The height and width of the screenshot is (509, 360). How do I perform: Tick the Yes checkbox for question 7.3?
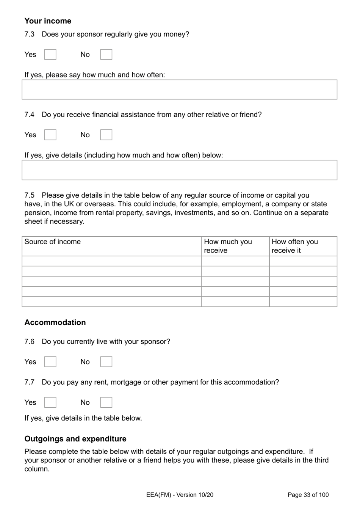click(x=50, y=55)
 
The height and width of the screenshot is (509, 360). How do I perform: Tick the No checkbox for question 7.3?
click(x=106, y=55)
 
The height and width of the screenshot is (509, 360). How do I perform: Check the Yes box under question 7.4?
click(x=50, y=135)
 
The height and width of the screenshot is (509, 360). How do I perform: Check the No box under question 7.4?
click(x=106, y=135)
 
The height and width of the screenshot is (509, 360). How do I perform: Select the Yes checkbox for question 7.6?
click(x=50, y=362)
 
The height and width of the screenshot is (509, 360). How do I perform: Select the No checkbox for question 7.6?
click(x=106, y=362)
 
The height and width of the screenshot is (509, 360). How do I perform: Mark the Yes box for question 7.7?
click(x=50, y=402)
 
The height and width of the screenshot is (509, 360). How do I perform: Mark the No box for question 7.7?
click(x=106, y=402)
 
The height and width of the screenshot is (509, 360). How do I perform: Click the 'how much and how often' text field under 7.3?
click(x=179, y=90)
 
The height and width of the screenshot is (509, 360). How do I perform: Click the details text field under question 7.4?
click(x=179, y=170)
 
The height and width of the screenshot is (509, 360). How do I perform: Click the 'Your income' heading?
click(x=48, y=21)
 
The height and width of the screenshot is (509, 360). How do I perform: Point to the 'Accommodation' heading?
click(x=55, y=322)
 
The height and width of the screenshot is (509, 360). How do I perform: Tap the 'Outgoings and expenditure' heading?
click(x=75, y=439)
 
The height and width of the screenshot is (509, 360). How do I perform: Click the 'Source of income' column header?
click(x=53, y=242)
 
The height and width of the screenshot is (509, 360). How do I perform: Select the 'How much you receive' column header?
click(x=228, y=246)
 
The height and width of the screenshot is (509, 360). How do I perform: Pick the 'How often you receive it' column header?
click(x=294, y=246)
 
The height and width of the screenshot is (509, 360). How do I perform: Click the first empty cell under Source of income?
click(x=112, y=261)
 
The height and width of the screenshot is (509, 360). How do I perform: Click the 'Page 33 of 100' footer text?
click(x=308, y=495)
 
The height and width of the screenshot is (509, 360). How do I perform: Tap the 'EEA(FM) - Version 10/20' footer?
click(x=180, y=495)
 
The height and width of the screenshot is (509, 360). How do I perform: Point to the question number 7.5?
click(x=29, y=195)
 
